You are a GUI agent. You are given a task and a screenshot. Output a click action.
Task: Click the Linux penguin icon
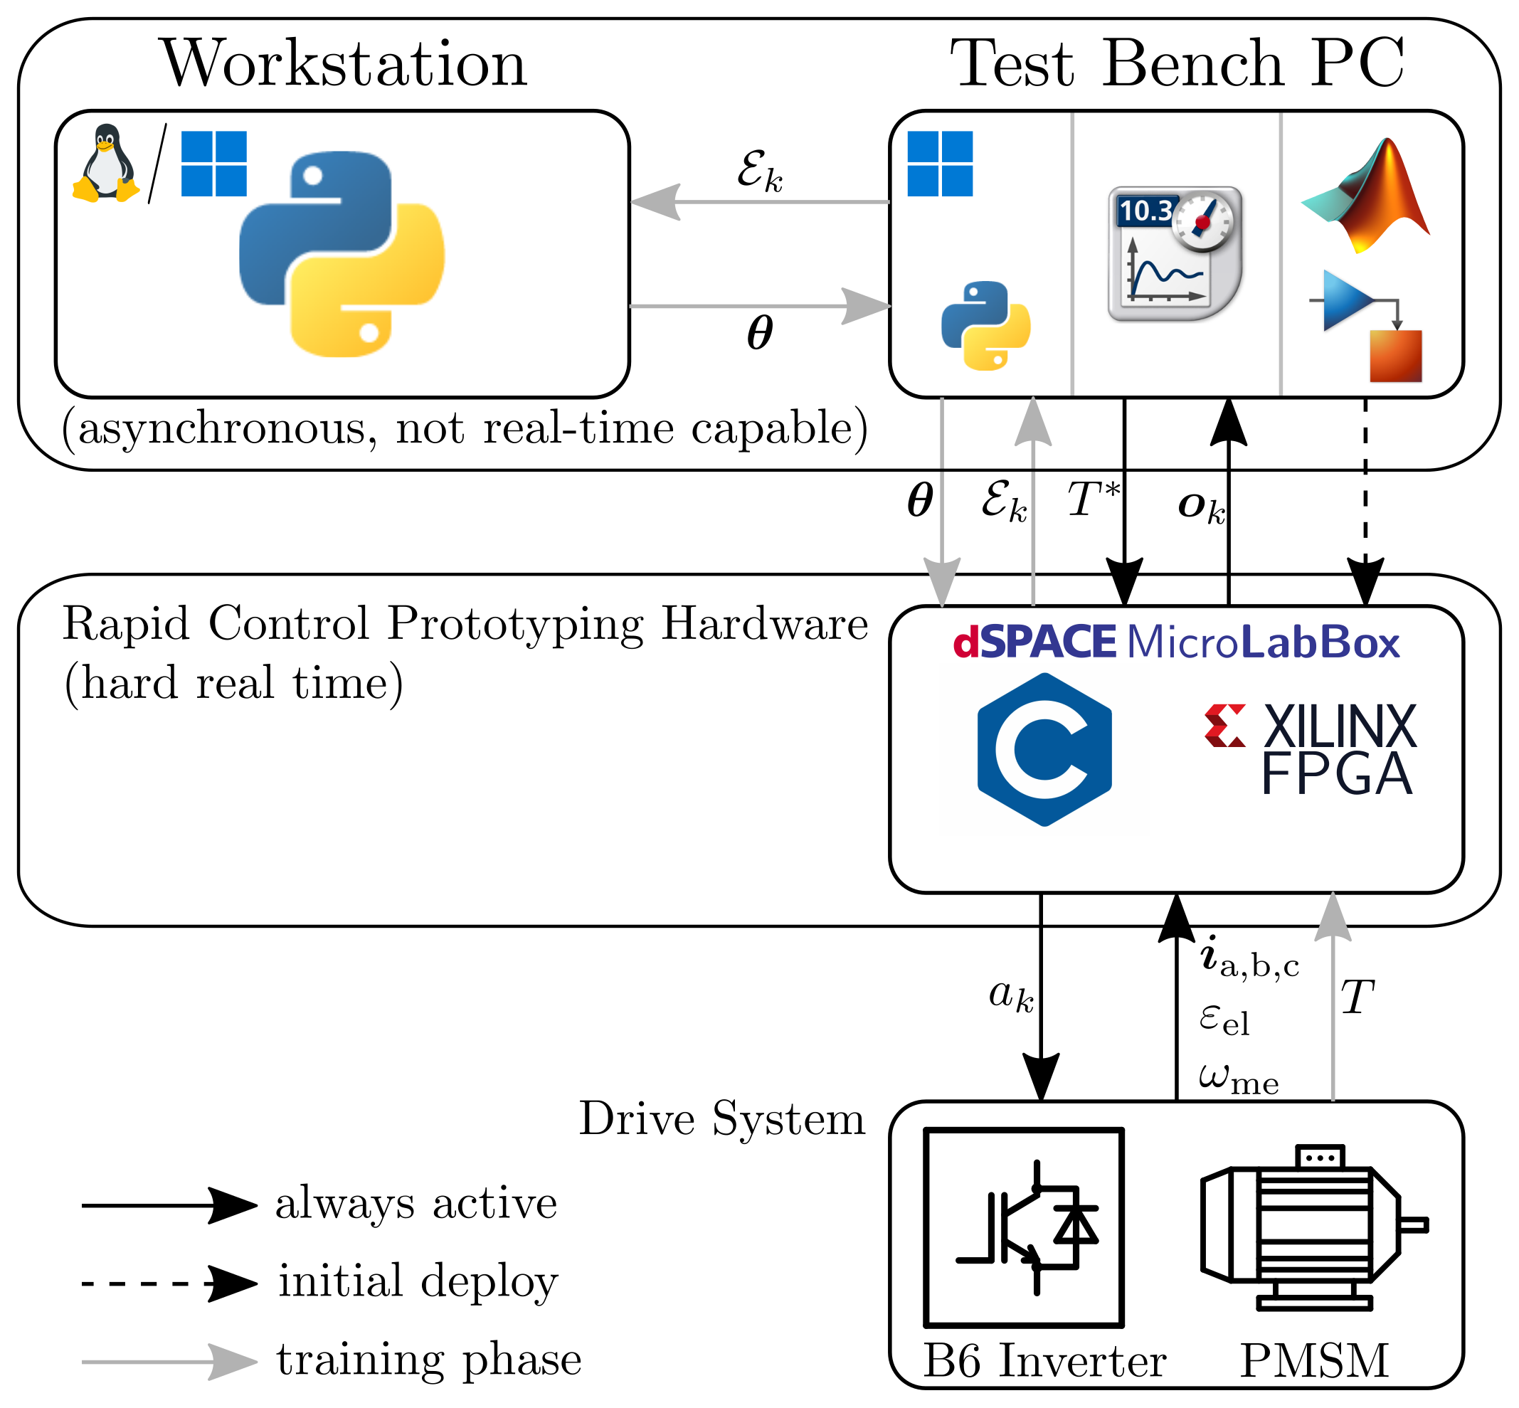click(106, 163)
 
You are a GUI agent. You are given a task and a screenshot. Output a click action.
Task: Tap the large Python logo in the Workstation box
click(342, 254)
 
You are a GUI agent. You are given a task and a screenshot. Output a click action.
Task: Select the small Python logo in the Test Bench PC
click(986, 326)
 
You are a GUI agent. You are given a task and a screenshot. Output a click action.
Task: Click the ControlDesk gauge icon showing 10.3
click(1175, 254)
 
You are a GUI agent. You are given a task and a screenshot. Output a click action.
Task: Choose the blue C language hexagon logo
click(1044, 750)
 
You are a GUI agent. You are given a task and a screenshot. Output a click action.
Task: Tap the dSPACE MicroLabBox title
click(1175, 642)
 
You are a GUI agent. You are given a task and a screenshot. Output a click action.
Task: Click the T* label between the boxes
click(1093, 501)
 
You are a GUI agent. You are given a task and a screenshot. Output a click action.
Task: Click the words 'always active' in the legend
click(416, 1205)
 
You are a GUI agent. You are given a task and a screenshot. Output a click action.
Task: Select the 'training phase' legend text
click(429, 1360)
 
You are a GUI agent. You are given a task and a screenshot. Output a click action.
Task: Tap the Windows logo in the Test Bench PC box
click(940, 164)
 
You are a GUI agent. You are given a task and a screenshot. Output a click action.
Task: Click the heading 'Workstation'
click(344, 64)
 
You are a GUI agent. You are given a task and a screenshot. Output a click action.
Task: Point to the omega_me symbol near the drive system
click(1239, 1078)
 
